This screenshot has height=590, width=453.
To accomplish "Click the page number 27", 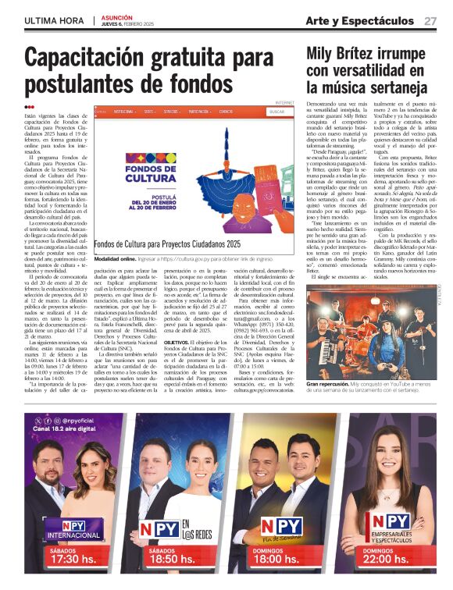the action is tap(430, 21).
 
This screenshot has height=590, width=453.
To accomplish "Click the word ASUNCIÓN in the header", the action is tap(118, 16).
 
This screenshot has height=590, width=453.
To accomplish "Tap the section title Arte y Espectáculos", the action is tap(359, 21).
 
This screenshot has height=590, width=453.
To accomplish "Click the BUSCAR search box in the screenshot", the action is tap(276, 112).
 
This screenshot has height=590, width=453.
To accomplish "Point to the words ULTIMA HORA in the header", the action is tap(54, 20).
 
